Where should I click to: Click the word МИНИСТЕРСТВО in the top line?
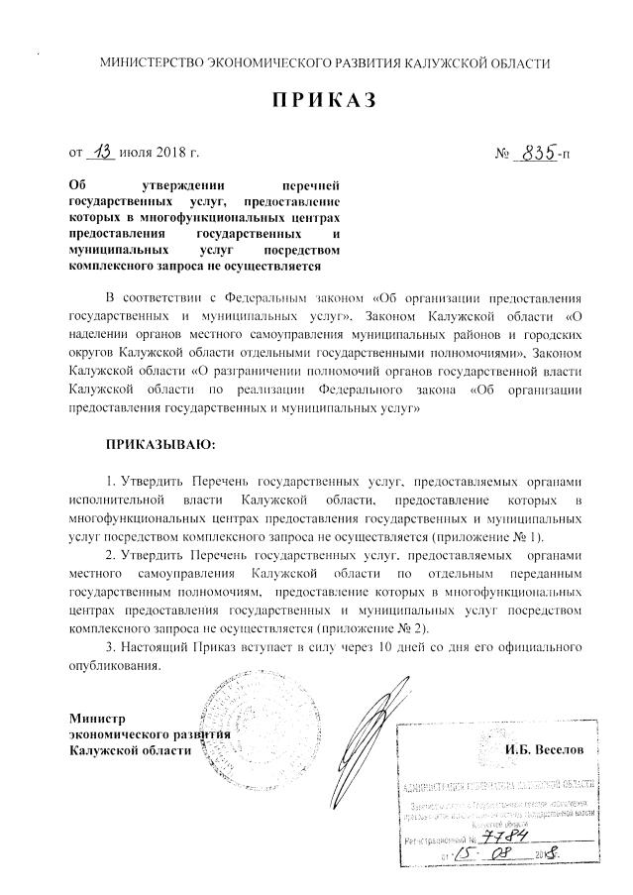tap(154, 63)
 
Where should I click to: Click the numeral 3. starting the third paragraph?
tap(111, 648)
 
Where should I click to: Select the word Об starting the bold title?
tap(77, 184)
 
